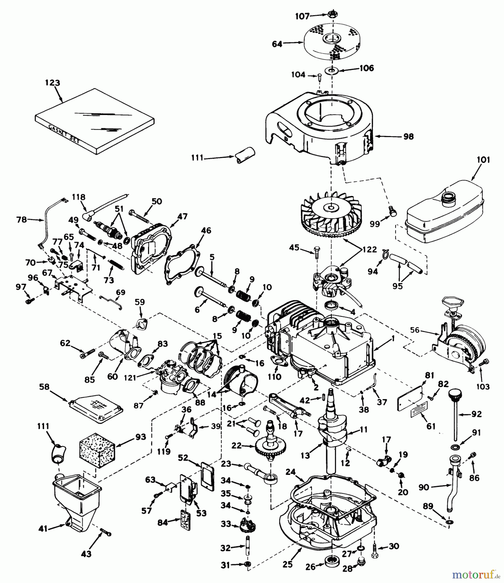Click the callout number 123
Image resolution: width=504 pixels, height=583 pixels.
pyautogui.click(x=52, y=83)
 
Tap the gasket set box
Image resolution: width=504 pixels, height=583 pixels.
pyautogui.click(x=94, y=121)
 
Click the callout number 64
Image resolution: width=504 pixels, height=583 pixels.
pyautogui.click(x=277, y=44)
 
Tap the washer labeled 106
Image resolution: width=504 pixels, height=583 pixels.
pyautogui.click(x=331, y=70)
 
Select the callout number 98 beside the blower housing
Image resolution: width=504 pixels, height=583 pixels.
pyautogui.click(x=408, y=137)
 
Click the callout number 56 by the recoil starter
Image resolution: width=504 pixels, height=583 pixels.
pyautogui.click(x=415, y=330)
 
